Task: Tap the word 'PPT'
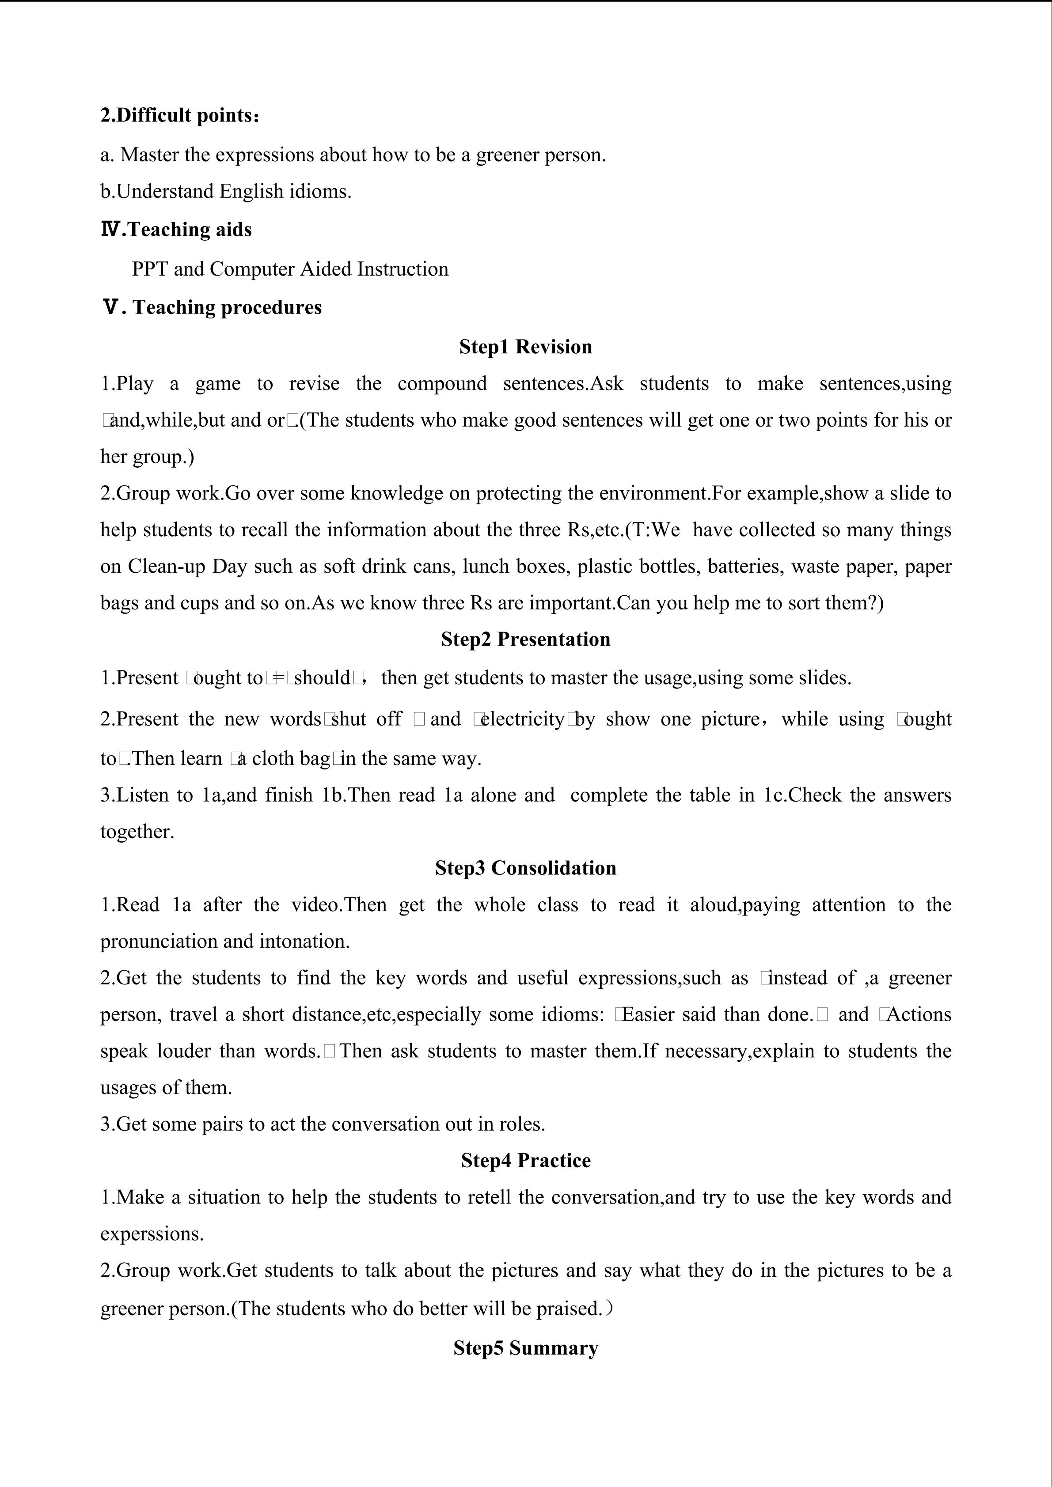click(150, 269)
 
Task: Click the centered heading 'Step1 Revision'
click(525, 347)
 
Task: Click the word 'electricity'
click(522, 719)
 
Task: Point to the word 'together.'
click(137, 832)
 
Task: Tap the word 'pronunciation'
click(159, 941)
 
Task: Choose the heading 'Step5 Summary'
click(525, 1348)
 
